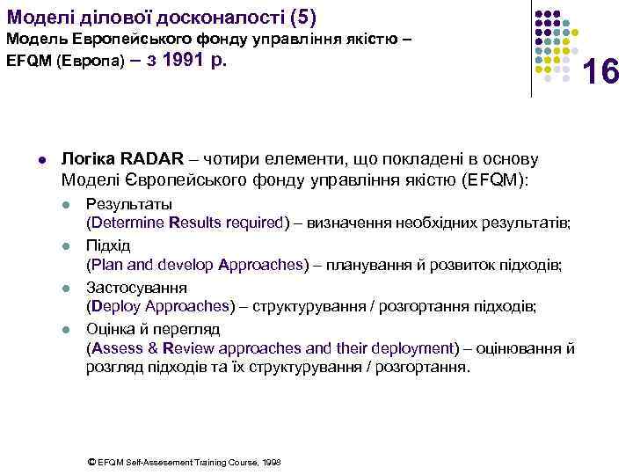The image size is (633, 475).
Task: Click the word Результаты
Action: coord(124,204)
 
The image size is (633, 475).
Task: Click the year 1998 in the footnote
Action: coord(272,461)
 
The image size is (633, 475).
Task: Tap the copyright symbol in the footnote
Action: coord(93,461)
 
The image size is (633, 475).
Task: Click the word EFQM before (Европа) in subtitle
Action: coord(25,65)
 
